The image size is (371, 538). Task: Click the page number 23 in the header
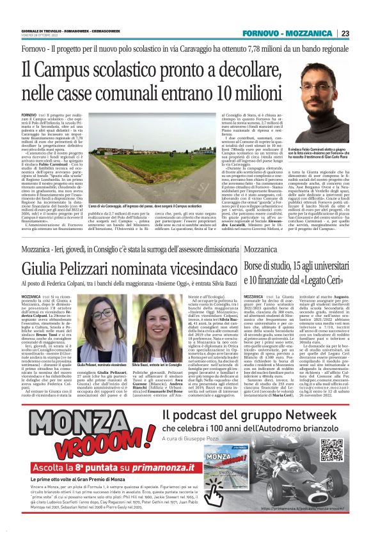tap(345, 33)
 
